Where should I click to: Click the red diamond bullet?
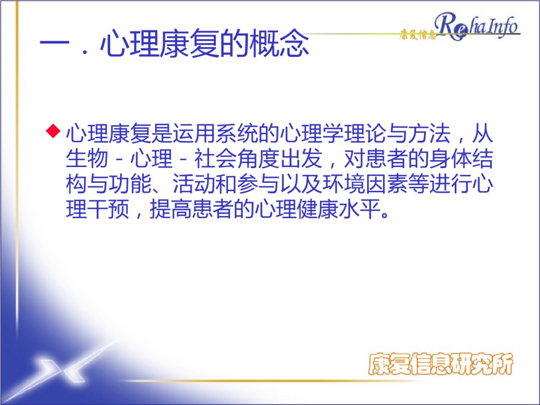[53, 131]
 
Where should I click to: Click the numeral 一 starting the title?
[55, 44]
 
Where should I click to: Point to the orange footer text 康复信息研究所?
[441, 364]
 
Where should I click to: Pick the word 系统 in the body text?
[236, 133]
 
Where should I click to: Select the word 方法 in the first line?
[429, 133]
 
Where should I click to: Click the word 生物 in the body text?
[87, 158]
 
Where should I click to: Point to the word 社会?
[215, 158]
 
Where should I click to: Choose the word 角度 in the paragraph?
[258, 158]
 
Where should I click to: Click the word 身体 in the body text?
[450, 158]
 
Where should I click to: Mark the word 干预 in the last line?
[108, 209]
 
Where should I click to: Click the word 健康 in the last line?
[317, 209]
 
